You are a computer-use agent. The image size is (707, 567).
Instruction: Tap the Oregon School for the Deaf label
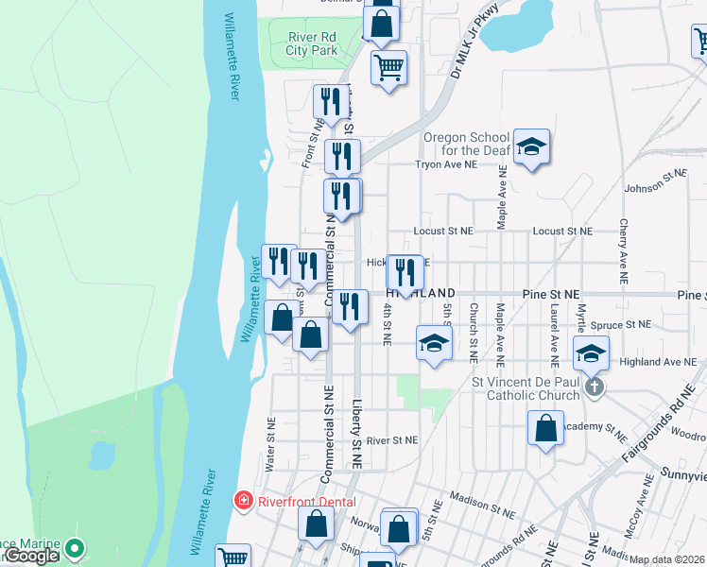(466, 144)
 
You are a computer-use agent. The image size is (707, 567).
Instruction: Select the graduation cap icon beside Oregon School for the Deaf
(531, 146)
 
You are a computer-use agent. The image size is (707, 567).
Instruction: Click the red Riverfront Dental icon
(243, 501)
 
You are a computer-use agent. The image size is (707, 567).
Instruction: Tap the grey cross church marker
(594, 387)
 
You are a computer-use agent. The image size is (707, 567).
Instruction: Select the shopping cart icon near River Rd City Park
(388, 68)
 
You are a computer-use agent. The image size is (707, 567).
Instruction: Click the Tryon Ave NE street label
(446, 164)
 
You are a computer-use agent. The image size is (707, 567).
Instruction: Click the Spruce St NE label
(622, 325)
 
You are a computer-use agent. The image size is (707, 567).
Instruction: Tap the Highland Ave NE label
(658, 362)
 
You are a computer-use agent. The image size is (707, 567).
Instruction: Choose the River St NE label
(391, 440)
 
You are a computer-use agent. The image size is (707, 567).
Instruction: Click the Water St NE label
(271, 444)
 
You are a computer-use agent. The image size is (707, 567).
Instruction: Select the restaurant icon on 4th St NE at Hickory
(405, 273)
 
